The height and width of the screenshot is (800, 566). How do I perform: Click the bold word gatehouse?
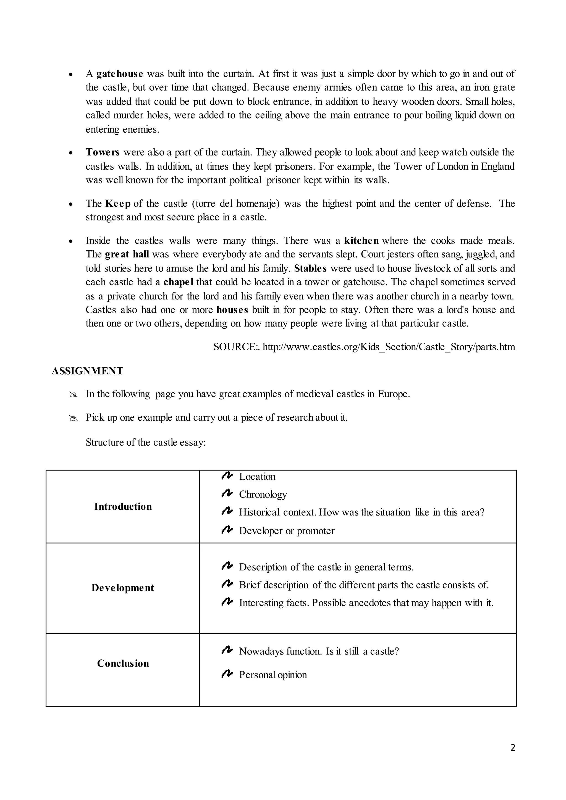tap(120, 74)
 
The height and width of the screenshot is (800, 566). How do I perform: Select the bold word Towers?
tap(103, 152)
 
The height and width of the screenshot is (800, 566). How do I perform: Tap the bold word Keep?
tap(118, 204)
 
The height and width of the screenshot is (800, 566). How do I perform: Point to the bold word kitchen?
tap(361, 241)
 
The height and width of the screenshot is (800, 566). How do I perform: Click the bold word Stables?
tap(310, 268)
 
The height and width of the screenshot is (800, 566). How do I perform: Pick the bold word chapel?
tap(179, 282)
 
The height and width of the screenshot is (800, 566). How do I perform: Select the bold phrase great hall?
tap(127, 254)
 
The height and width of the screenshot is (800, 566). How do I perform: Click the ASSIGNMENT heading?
tap(88, 371)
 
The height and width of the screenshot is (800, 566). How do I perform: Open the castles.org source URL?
tap(389, 347)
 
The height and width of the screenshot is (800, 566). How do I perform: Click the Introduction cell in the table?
tap(123, 507)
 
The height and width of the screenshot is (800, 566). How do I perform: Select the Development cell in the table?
tap(123, 588)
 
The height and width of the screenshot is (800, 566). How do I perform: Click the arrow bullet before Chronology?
tap(227, 493)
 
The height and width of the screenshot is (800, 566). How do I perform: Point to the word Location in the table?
tap(257, 477)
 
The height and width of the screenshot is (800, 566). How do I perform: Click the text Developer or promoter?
tap(287, 531)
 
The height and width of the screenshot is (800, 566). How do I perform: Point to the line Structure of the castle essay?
tap(146, 443)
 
